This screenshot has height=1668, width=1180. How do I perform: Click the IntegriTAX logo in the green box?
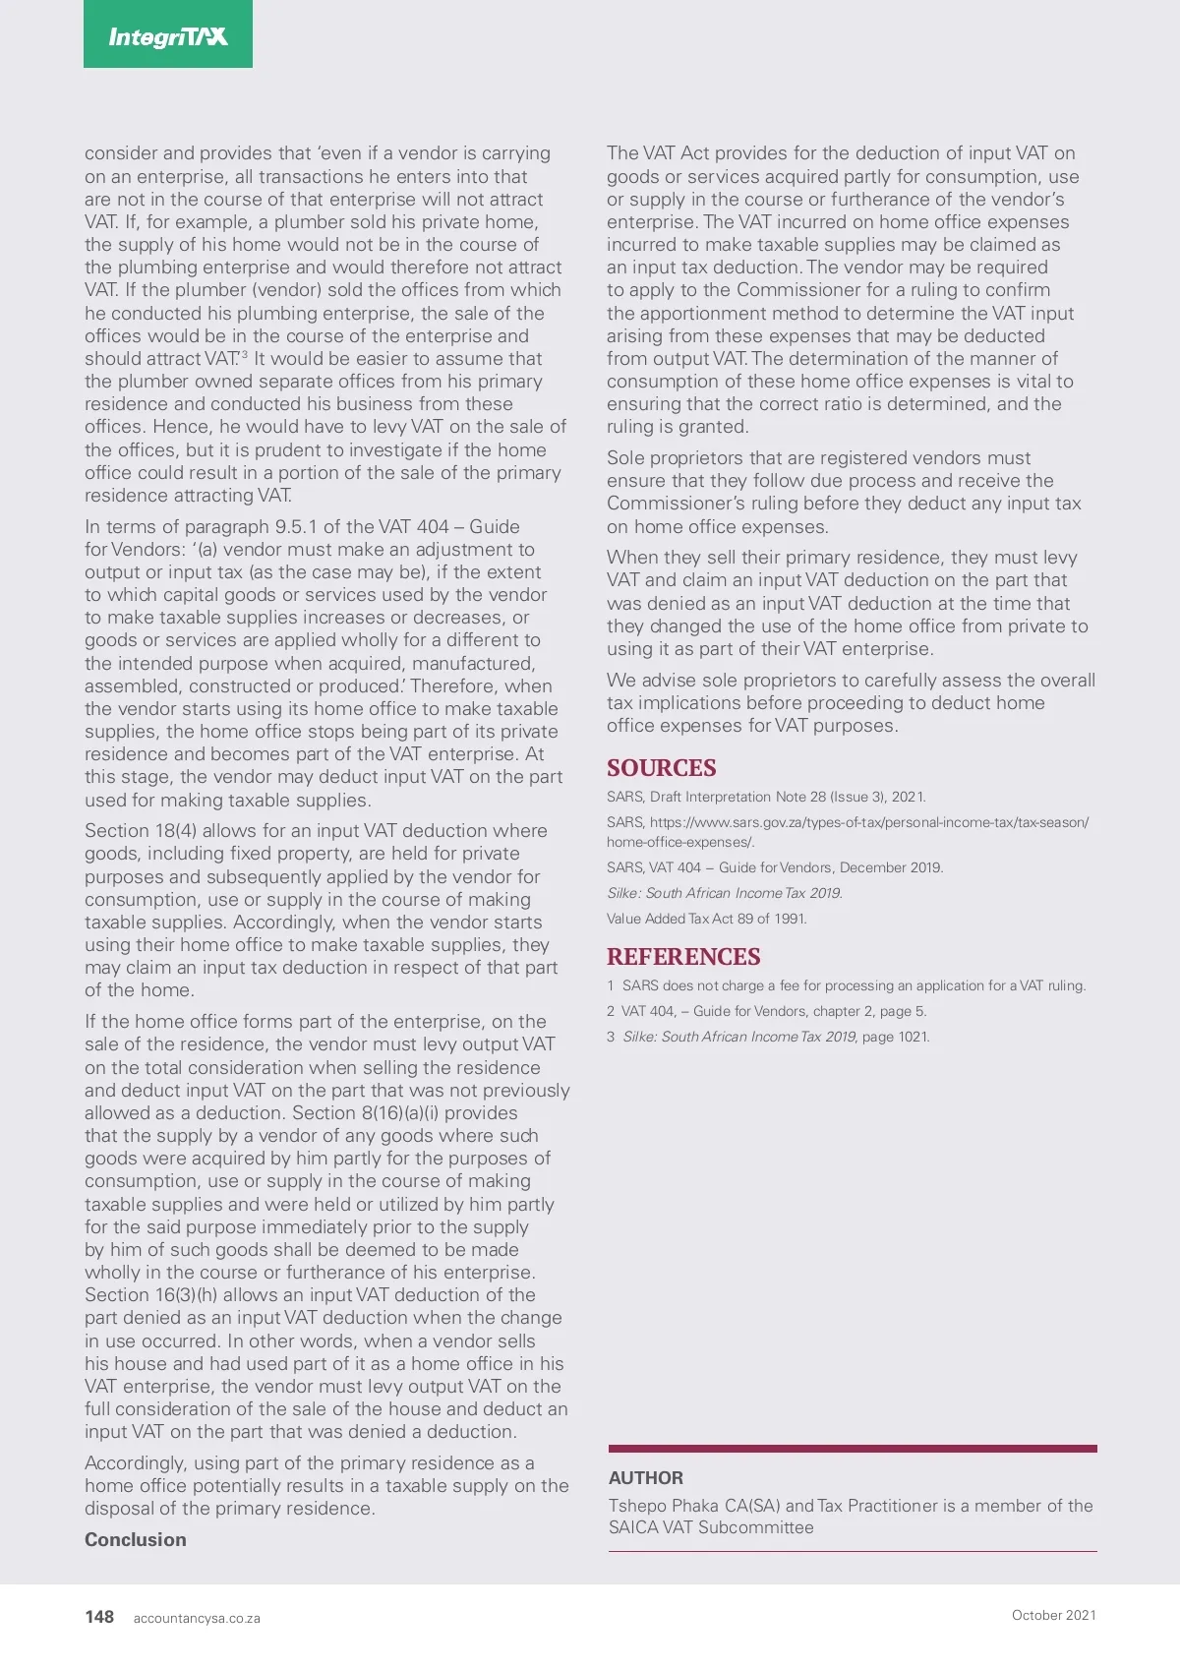click(x=168, y=36)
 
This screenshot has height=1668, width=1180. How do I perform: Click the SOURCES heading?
click(x=661, y=768)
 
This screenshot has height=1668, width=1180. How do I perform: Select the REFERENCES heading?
click(x=683, y=957)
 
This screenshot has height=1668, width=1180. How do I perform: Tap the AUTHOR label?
click(x=645, y=1477)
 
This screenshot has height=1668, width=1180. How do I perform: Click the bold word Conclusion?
click(x=135, y=1539)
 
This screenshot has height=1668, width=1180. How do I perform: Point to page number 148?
click(x=99, y=1617)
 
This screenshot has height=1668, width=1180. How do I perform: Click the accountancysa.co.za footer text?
click(x=197, y=1618)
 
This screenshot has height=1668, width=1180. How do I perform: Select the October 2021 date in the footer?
click(x=1053, y=1615)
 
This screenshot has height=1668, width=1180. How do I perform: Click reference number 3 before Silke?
click(x=611, y=1037)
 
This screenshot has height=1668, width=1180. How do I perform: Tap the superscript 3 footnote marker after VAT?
click(x=245, y=354)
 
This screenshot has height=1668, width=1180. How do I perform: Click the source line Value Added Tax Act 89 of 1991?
click(x=706, y=919)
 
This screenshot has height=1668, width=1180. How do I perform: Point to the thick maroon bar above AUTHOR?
click(x=853, y=1449)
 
